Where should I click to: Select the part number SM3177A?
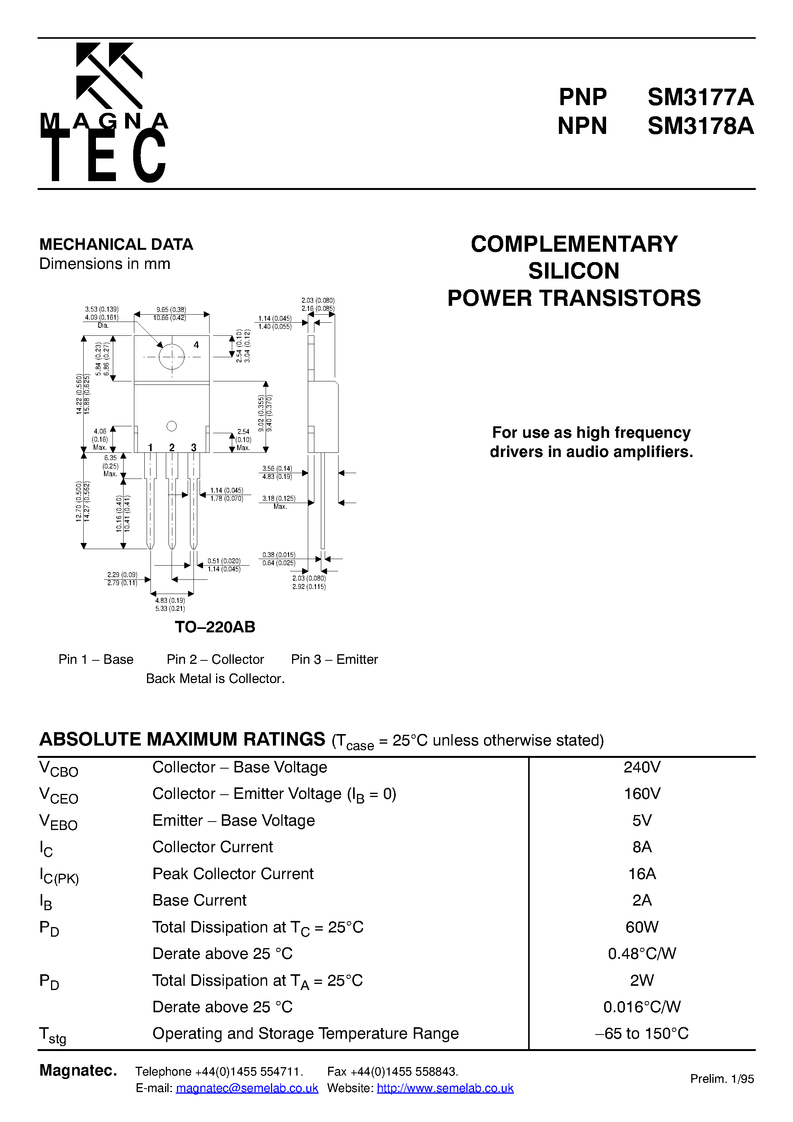[x=700, y=97]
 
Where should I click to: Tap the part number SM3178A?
[x=700, y=126]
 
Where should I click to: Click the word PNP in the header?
[x=582, y=97]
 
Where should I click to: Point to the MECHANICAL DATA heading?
[x=116, y=244]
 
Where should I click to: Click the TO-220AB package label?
[x=215, y=627]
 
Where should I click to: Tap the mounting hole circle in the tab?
[x=172, y=357]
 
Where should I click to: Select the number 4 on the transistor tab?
[x=196, y=345]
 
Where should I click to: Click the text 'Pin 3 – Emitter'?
[x=334, y=660]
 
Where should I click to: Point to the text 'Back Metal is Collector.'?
[x=215, y=679]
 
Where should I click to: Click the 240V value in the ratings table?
[x=642, y=767]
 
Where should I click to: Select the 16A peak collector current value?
[x=642, y=874]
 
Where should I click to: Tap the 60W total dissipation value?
[x=642, y=927]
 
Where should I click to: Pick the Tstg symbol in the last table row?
[x=52, y=1035]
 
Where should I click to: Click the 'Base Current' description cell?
[x=200, y=900]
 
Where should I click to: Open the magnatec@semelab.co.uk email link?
[x=247, y=1088]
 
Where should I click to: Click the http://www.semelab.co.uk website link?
[x=445, y=1088]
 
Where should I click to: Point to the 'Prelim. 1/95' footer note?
[x=722, y=1079]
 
